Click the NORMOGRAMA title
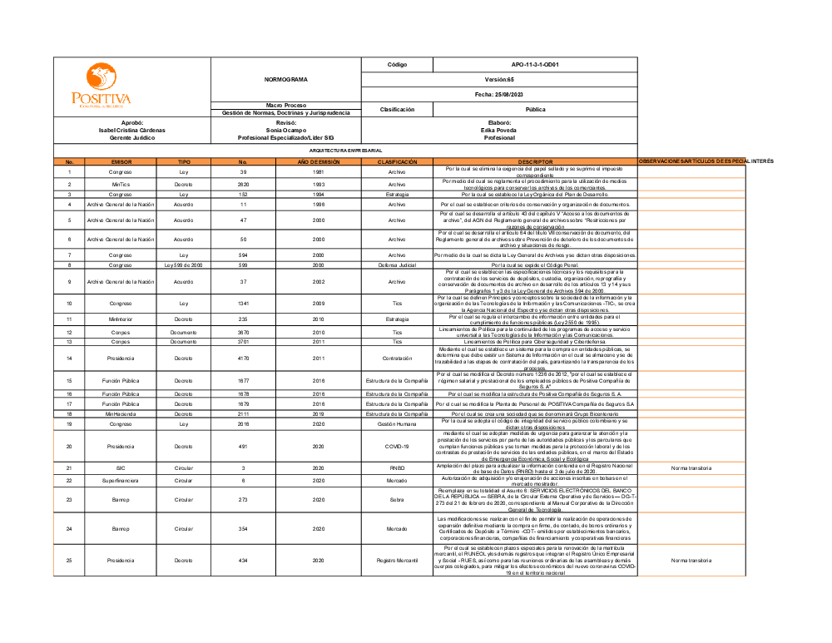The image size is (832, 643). click(286, 80)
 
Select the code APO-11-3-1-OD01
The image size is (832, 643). click(535, 64)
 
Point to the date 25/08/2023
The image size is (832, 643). click(535, 94)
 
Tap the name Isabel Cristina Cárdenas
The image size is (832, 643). click(132, 130)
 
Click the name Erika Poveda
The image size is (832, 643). click(499, 130)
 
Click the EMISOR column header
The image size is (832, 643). click(121, 161)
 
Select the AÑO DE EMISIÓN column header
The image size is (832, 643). click(318, 161)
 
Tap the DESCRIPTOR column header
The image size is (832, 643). click(535, 161)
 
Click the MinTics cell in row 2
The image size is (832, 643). click(121, 184)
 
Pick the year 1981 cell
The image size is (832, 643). click(318, 171)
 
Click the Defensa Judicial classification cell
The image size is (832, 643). click(397, 265)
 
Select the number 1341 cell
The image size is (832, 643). click(243, 304)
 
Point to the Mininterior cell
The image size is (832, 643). click(121, 319)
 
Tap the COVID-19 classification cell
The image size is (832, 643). click(397, 446)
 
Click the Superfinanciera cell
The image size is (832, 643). click(121, 480)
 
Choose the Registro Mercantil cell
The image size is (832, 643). click(397, 561)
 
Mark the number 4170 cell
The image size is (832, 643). click(243, 359)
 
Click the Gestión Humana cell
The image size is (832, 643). click(397, 423)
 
